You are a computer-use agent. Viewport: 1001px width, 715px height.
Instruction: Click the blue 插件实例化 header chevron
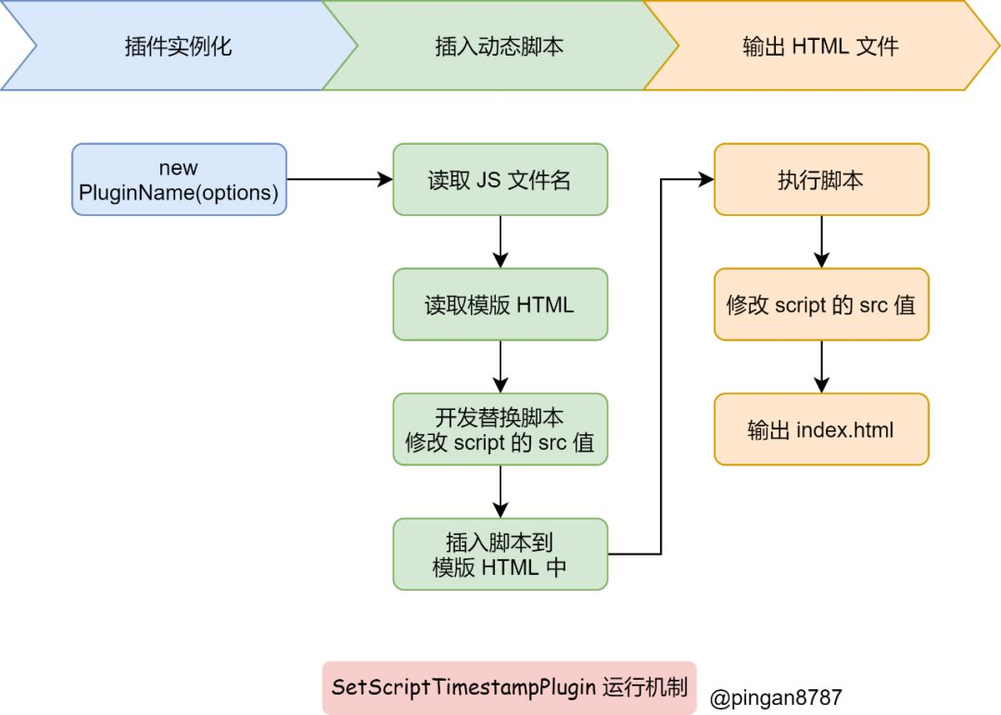pyautogui.click(x=179, y=45)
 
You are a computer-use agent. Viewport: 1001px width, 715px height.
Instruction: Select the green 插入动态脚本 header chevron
pyautogui.click(x=500, y=45)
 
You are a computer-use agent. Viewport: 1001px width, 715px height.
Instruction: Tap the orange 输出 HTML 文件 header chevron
pyautogui.click(x=821, y=45)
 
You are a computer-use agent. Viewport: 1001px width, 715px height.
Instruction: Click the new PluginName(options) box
pyautogui.click(x=180, y=180)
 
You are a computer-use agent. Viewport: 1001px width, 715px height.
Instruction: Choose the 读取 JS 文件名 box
pyautogui.click(x=500, y=180)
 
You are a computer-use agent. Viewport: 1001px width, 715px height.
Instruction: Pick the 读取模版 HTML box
pyautogui.click(x=500, y=304)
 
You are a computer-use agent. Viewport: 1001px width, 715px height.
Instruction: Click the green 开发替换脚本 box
pyautogui.click(x=500, y=429)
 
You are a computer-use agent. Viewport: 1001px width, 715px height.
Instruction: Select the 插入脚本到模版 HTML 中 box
pyautogui.click(x=500, y=554)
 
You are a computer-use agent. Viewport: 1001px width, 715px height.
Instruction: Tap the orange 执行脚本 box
pyautogui.click(x=821, y=180)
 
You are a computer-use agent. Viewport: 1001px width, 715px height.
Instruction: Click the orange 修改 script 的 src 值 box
pyautogui.click(x=821, y=304)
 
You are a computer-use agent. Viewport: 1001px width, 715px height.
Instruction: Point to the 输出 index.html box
pyautogui.click(x=821, y=429)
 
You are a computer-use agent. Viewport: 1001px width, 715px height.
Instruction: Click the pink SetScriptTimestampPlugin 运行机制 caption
pyautogui.click(x=510, y=687)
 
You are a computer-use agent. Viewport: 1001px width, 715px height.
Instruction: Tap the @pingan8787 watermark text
pyautogui.click(x=776, y=697)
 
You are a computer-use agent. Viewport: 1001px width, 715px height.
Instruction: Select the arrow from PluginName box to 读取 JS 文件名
pyautogui.click(x=339, y=180)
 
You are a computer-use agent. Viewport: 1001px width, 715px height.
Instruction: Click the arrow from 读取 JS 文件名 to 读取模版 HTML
pyautogui.click(x=500, y=241)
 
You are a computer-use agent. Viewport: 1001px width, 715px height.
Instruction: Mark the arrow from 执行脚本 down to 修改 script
pyautogui.click(x=821, y=241)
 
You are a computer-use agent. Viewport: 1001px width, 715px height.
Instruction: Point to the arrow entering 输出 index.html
pyautogui.click(x=821, y=366)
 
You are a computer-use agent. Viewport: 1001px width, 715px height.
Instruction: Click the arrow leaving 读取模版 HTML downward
pyautogui.click(x=500, y=366)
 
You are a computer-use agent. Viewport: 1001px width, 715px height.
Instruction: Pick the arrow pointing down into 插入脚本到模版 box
pyautogui.click(x=500, y=492)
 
